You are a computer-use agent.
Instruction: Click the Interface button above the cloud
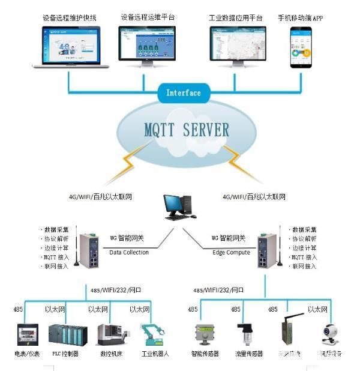click(x=184, y=93)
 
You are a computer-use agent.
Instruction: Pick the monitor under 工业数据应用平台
click(x=236, y=41)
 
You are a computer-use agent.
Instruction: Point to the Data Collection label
click(x=129, y=252)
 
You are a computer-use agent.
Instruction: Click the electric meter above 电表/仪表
click(x=26, y=334)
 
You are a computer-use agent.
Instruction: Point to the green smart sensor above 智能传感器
click(x=202, y=334)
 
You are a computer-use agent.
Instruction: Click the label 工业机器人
click(x=154, y=354)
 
